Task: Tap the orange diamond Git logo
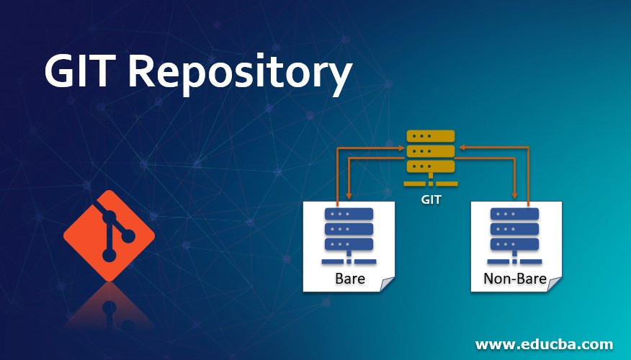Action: tap(109, 235)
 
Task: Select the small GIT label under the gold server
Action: tap(431, 199)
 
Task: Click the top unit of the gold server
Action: tap(431, 135)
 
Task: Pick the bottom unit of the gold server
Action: tap(431, 166)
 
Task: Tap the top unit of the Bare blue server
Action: tap(349, 214)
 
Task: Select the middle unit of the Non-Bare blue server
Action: tap(514, 229)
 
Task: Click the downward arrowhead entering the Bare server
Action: tap(349, 195)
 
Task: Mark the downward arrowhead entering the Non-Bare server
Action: tap(514, 195)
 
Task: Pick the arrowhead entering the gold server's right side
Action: tap(462, 147)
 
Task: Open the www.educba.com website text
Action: tap(544, 343)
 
